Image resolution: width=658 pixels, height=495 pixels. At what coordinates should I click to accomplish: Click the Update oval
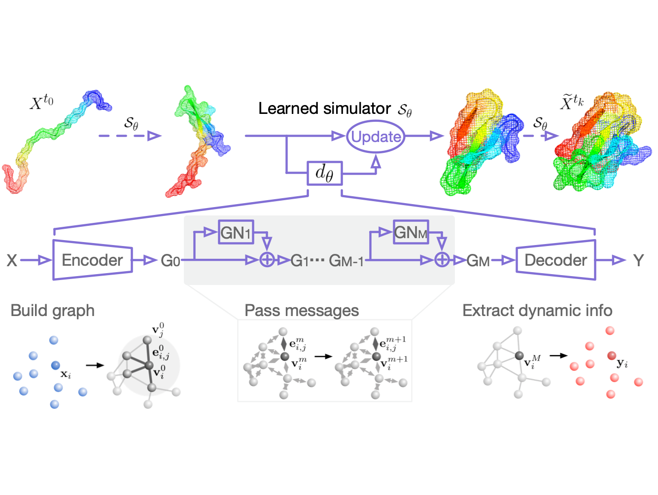pos(376,136)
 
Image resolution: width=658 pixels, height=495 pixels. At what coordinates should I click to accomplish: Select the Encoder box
pos(93,260)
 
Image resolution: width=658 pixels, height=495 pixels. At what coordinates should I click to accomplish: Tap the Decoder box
pos(555,260)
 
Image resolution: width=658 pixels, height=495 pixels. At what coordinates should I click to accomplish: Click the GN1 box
pos(236,232)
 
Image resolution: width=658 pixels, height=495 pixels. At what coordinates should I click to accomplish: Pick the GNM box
pos(411,232)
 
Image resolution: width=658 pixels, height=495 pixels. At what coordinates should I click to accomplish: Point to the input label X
pos(11,260)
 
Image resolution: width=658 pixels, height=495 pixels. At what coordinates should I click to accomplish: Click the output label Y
pos(638,260)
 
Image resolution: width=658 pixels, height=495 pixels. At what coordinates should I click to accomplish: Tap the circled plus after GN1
pos(267,260)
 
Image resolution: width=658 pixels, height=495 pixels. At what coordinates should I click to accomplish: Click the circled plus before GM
pos(442,260)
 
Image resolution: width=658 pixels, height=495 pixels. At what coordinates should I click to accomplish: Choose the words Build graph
pos(52,311)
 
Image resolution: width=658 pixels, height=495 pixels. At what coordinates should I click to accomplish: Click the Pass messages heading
pos(302,311)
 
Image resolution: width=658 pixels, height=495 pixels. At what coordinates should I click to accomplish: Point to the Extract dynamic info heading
pos(537,311)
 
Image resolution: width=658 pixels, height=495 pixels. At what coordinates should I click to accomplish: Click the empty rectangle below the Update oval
pos(324,173)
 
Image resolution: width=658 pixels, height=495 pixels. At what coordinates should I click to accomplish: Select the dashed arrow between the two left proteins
pos(129,136)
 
